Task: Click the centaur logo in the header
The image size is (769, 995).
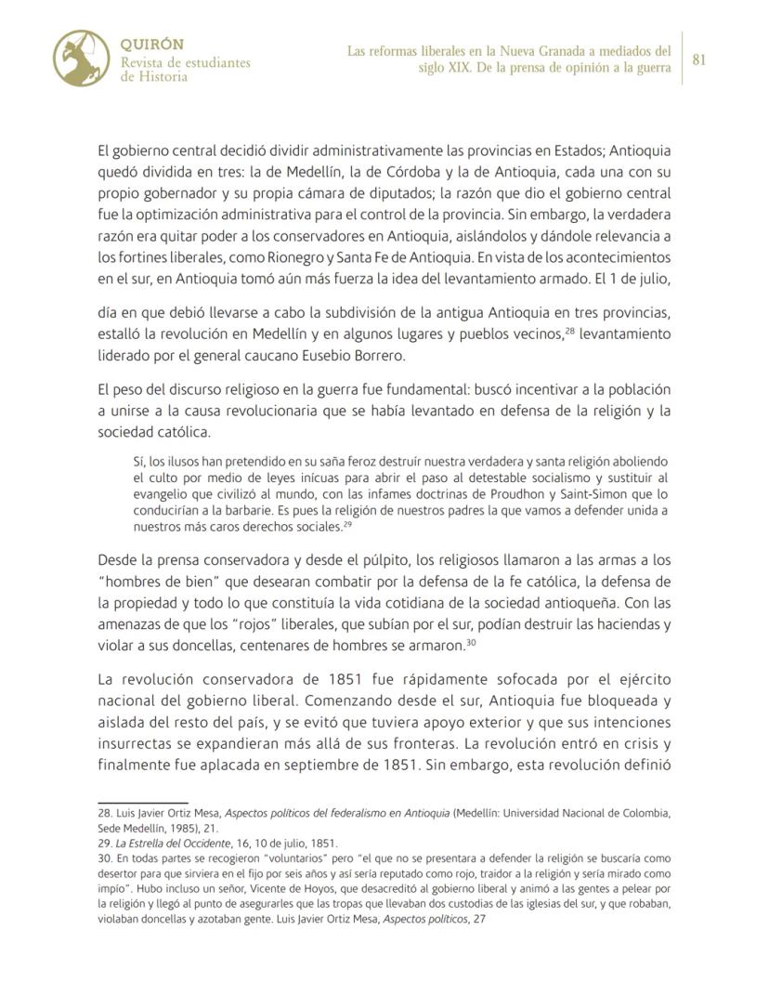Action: [x=83, y=58]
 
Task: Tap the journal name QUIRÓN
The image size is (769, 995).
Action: [x=152, y=45]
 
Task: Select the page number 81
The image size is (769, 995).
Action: [x=699, y=59]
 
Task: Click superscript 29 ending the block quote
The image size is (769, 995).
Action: [x=347, y=525]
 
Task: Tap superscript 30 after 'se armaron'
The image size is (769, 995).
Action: [x=473, y=641]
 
